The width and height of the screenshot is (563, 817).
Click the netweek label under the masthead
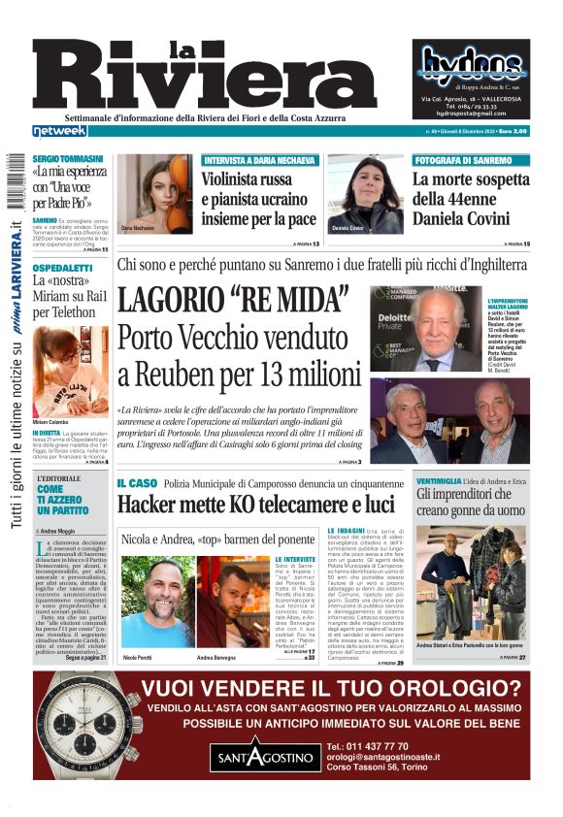59,130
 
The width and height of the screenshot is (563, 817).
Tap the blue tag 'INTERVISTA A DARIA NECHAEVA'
259,159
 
